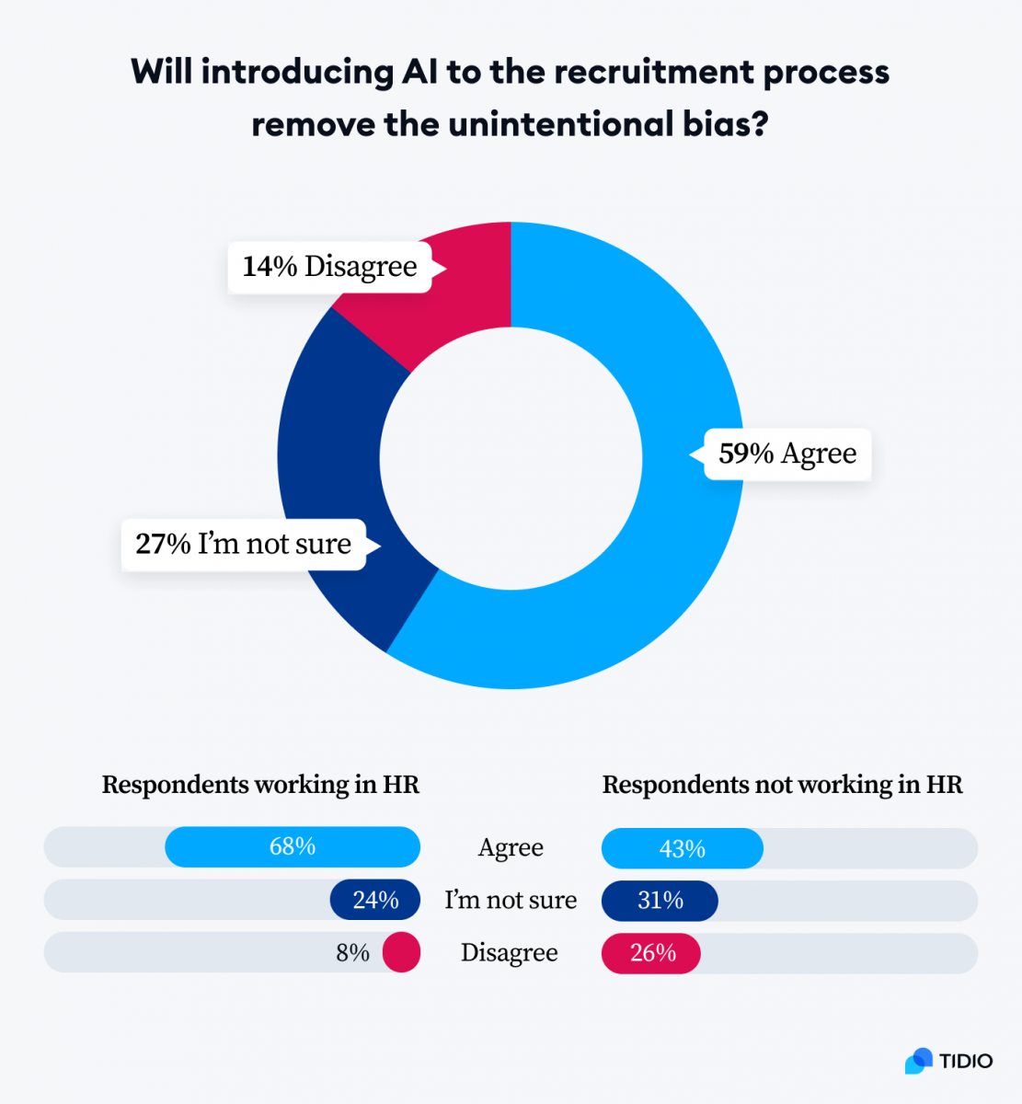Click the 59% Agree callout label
click(787, 454)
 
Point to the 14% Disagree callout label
click(329, 267)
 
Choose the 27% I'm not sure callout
click(243, 545)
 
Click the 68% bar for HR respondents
click(293, 846)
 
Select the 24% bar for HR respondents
click(375, 900)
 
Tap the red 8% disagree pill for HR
click(401, 953)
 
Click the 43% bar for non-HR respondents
click(682, 848)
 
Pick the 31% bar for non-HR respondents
click(660, 901)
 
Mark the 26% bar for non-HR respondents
click(651, 953)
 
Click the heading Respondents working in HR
click(260, 785)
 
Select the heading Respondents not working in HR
click(782, 785)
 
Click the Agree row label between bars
click(511, 847)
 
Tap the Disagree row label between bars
click(509, 953)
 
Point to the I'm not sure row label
click(511, 900)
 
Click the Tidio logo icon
click(918, 1061)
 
